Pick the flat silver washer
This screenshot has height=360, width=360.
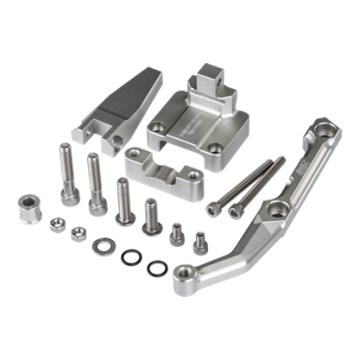point(100,245)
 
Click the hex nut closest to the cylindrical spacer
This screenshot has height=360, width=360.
point(55,222)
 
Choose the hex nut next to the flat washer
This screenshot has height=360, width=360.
point(77,234)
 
